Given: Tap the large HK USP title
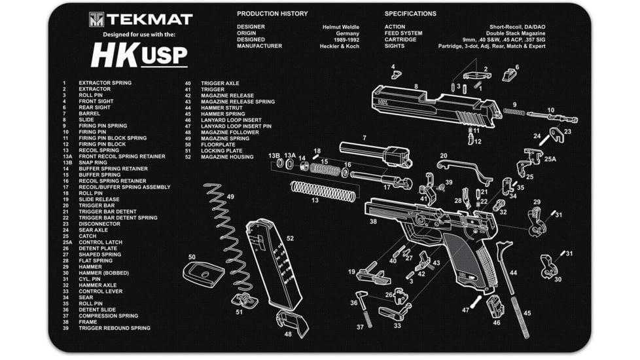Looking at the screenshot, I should click(139, 56).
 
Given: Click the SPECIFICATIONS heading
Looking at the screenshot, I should click(410, 14).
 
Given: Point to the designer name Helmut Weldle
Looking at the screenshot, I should click(341, 26).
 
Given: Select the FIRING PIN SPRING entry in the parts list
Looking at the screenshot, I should click(103, 126).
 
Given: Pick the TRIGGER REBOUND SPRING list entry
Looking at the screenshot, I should click(114, 328).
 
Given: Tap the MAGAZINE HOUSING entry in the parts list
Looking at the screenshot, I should click(227, 157).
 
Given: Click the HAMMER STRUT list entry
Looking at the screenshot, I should click(222, 108).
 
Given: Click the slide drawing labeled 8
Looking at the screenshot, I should click(432, 105).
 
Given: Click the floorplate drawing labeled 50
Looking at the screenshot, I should click(203, 272).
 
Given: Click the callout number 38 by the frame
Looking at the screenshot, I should click(373, 222).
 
